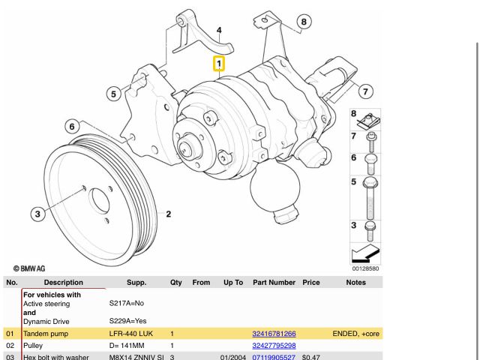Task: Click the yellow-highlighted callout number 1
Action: coord(219,64)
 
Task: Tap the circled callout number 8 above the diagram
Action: coord(304,22)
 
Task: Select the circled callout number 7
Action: coord(365,91)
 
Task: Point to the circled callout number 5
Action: coord(113,94)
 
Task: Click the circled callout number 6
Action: coord(72,127)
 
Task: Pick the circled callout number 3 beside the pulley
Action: coord(37,214)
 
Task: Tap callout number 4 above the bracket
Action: coord(219,30)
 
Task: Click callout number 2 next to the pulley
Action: coord(168,214)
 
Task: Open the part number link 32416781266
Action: coord(274,334)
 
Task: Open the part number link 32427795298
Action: coord(274,346)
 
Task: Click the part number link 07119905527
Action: coord(274,357)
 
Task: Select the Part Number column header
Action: coord(274,282)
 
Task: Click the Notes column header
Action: coord(356,282)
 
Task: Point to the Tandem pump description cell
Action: coord(46,334)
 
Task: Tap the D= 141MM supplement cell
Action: coord(127,346)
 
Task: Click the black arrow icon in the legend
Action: coord(365,253)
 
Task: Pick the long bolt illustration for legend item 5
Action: coord(370,198)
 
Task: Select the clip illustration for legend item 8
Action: coord(369,121)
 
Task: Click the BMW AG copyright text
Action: coord(29,268)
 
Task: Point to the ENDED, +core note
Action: coord(355,334)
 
